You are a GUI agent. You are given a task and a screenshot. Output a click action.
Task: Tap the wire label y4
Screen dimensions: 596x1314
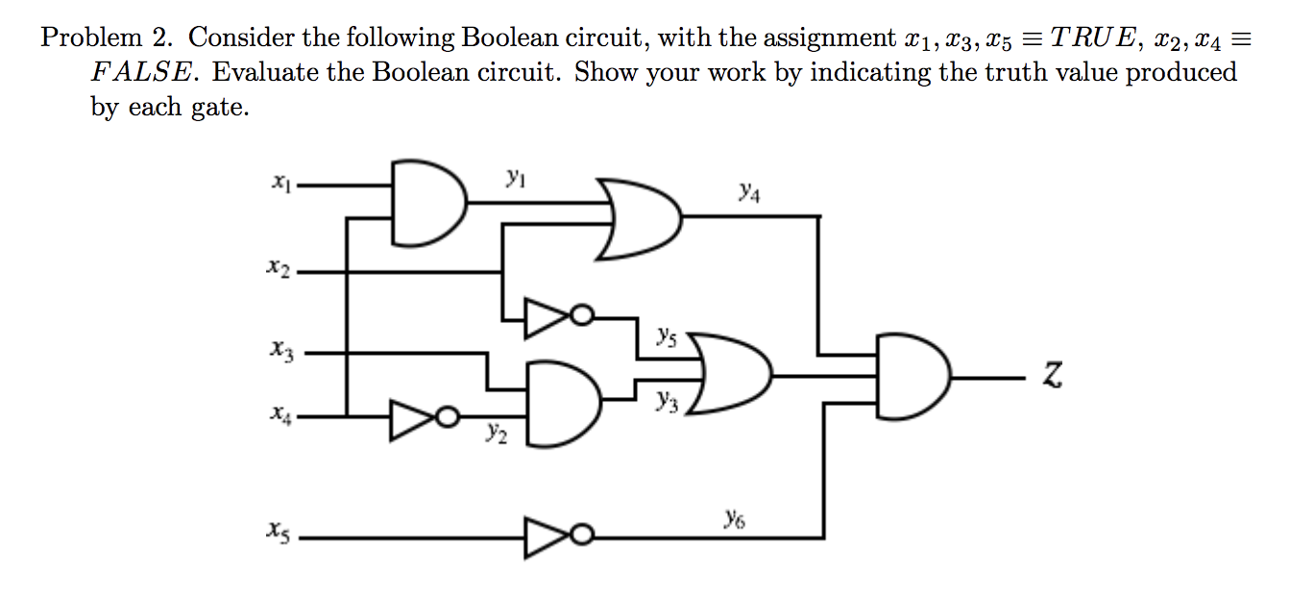(750, 194)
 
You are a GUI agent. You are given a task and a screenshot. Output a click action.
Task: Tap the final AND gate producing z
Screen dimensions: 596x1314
(913, 376)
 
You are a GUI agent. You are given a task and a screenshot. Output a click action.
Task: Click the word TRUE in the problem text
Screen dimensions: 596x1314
(1104, 38)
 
